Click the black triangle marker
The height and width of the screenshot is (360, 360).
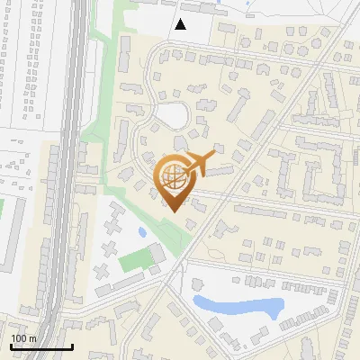(x=182, y=24)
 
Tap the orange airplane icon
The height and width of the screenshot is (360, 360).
(x=202, y=162)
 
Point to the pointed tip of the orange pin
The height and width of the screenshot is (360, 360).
(x=173, y=211)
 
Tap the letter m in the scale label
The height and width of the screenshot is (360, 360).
(x=32, y=338)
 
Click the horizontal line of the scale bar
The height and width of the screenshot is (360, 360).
(x=40, y=347)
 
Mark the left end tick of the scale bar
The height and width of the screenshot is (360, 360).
(x=10, y=346)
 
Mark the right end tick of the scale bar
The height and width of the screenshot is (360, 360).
(x=72, y=346)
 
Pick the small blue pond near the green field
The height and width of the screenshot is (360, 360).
(x=142, y=233)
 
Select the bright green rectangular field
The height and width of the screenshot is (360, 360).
(x=135, y=261)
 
